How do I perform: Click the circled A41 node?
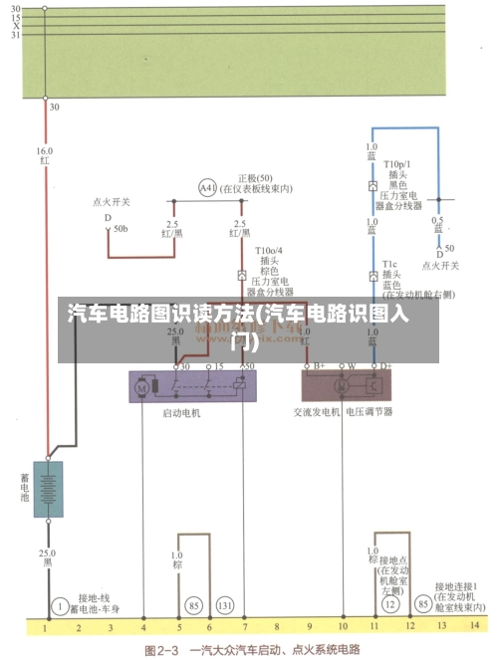point(207,187)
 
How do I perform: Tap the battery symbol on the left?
point(48,489)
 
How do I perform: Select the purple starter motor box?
point(191,385)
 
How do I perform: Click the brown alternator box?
point(350,385)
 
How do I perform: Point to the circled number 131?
point(225,604)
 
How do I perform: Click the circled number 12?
point(390,604)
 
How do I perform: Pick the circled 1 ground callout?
point(60,604)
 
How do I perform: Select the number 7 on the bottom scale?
point(243,629)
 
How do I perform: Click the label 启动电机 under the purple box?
point(181,411)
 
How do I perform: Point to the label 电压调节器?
point(370,411)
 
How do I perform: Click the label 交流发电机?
point(316,411)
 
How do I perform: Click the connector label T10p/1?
point(397,164)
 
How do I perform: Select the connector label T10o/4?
point(269,251)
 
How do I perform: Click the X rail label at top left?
point(15,26)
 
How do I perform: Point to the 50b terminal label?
point(121,229)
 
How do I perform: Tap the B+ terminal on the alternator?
point(320,366)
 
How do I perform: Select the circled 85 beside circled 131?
point(193,604)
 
